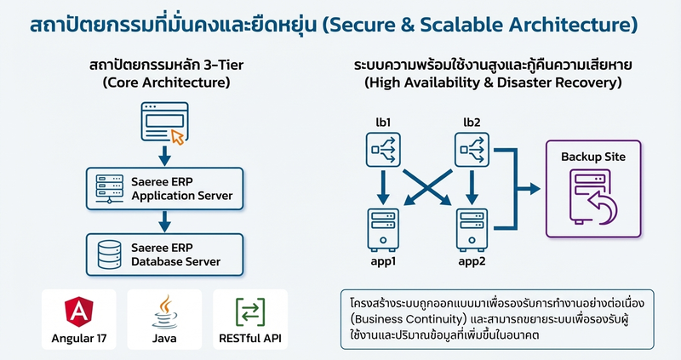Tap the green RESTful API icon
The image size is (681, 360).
pos(249,311)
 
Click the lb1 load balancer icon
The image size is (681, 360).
pos(383,151)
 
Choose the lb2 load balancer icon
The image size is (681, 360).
pos(472,151)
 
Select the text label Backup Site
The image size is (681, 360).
pos(592,157)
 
